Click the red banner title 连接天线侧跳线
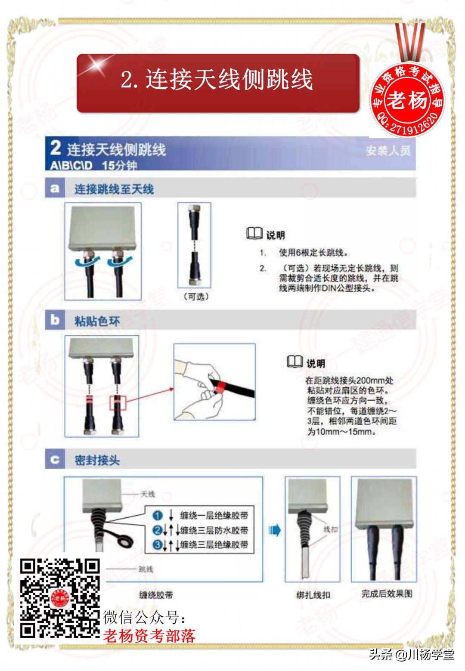(217, 80)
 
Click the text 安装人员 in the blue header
(388, 151)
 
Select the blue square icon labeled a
(55, 189)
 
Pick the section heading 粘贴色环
(97, 321)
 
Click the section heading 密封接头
(97, 460)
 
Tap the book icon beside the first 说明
(254, 234)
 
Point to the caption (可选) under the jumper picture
(196, 297)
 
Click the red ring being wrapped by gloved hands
(220, 386)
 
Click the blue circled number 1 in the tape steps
(158, 515)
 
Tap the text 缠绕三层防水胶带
(214, 530)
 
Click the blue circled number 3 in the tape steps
(158, 545)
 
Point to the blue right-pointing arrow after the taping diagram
(274, 530)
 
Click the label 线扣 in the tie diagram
(330, 529)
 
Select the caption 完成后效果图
(386, 594)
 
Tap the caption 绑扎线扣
(313, 595)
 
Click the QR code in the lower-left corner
(60, 598)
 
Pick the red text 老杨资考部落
(149, 636)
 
